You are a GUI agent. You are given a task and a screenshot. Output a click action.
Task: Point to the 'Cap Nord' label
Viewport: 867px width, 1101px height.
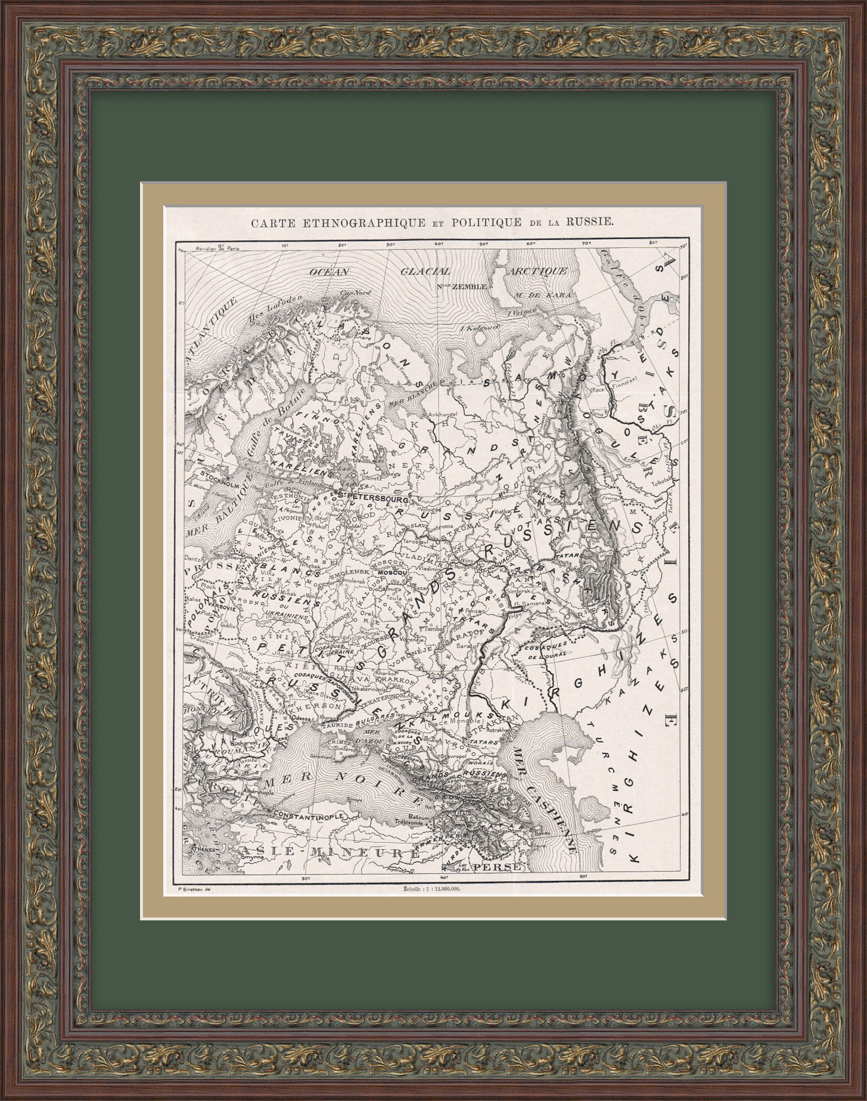pos(352,293)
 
